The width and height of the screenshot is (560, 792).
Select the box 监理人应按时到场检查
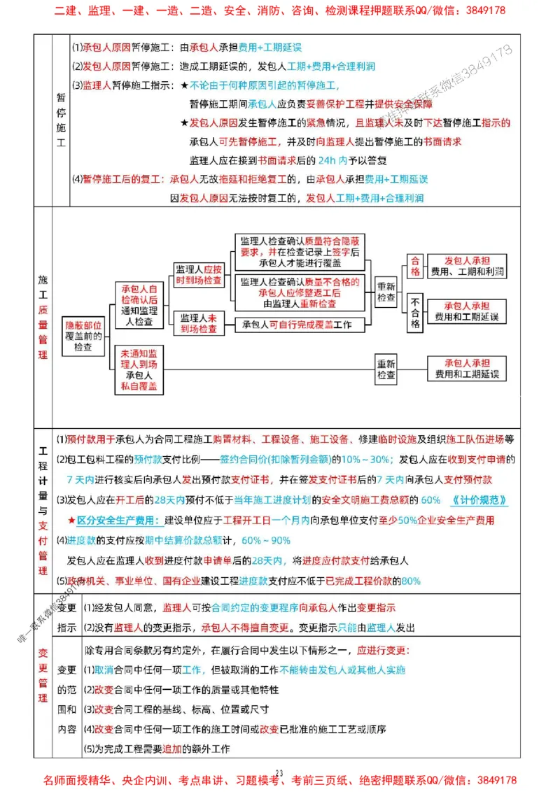pyautogui.click(x=199, y=274)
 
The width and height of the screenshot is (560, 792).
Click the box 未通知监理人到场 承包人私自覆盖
pyautogui.click(x=139, y=369)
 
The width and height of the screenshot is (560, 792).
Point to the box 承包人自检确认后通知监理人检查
pyautogui.click(x=139, y=305)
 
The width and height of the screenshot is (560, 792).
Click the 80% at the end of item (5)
pyautogui.click(x=411, y=581)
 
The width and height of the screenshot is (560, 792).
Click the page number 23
pyautogui.click(x=279, y=772)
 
